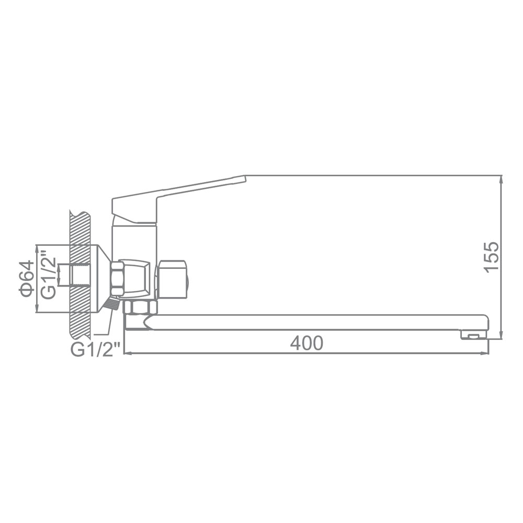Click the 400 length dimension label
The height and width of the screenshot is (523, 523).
(x=306, y=343)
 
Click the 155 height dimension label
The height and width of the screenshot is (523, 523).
(x=492, y=257)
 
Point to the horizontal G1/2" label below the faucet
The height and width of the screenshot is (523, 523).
(x=95, y=350)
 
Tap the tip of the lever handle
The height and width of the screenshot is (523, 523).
(x=245, y=179)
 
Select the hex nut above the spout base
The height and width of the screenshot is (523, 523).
(x=140, y=307)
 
